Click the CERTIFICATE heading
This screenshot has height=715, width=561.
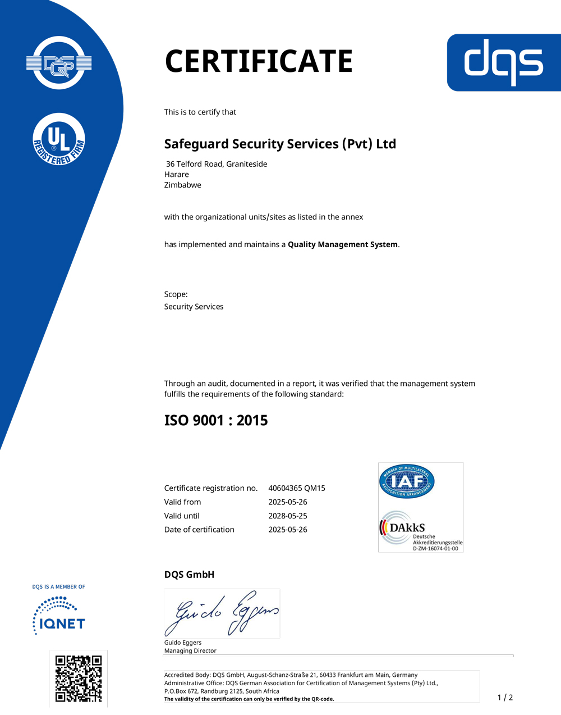[x=259, y=61]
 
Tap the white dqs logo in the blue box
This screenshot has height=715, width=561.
[x=503, y=62]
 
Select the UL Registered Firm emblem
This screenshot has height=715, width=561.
[x=59, y=139]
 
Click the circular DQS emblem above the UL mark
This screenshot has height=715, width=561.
[x=59, y=63]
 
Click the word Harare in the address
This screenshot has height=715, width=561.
[x=176, y=174]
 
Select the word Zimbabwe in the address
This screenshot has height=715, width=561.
[x=182, y=185]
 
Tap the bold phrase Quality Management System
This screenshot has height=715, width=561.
[x=342, y=244]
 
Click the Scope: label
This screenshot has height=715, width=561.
[x=176, y=294]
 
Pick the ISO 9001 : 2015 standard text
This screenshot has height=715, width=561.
[x=216, y=420]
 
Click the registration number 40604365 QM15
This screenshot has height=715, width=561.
[x=296, y=488]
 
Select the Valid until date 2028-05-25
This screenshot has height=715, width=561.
[x=287, y=516]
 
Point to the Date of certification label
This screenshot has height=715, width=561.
[x=199, y=530]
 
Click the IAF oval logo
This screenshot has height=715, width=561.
[x=407, y=481]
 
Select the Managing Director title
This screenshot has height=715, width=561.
[x=190, y=650]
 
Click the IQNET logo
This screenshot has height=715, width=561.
[x=59, y=617]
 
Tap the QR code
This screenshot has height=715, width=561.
[x=79, y=678]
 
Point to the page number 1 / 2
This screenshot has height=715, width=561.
[x=505, y=698]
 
